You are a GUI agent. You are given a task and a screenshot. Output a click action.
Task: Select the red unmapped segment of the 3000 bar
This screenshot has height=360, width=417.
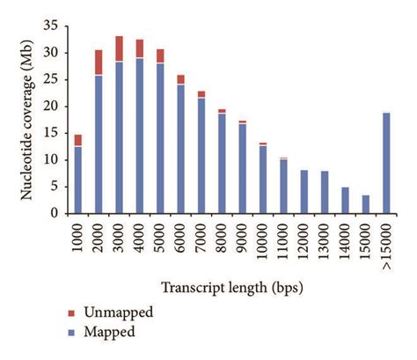[x=119, y=48]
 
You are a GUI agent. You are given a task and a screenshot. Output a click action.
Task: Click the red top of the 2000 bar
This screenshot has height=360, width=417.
[x=99, y=62]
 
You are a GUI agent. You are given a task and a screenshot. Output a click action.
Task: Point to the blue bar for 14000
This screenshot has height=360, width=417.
[x=345, y=200]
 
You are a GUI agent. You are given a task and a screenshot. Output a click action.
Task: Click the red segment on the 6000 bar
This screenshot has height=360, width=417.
[x=180, y=79]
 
